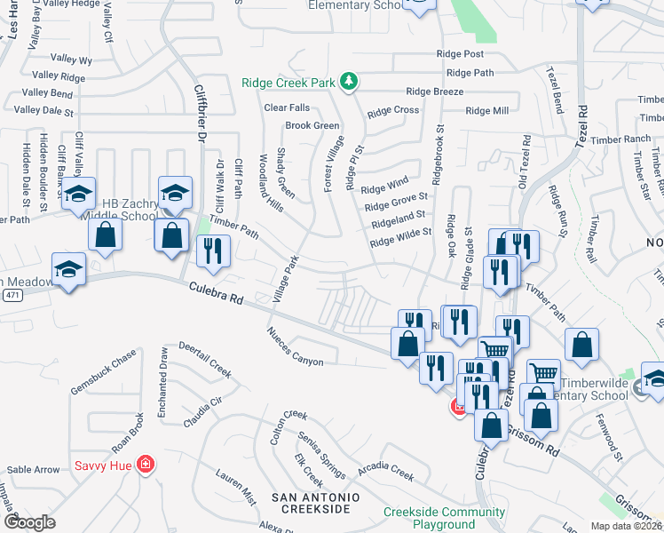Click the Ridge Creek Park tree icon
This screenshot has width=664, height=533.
coord(350,83)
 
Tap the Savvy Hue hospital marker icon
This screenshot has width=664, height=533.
coord(145,465)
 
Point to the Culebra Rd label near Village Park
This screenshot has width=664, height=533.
coord(216,294)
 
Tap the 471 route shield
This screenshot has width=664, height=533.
coord(11,294)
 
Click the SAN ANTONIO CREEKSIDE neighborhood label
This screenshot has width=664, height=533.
coord(315,502)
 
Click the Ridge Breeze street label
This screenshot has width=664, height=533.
coord(434,91)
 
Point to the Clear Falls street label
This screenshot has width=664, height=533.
coord(287,107)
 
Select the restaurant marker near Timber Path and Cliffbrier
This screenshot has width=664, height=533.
coord(213,251)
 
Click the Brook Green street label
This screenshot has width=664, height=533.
coord(312,126)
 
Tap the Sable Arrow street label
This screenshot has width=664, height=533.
coord(34,469)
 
